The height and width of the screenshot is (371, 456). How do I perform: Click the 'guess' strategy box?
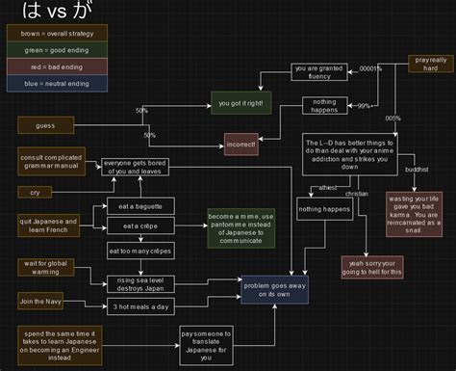[44, 126]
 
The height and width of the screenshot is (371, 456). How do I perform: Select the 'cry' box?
[35, 193]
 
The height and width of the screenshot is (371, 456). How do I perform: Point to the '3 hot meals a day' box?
[141, 306]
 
